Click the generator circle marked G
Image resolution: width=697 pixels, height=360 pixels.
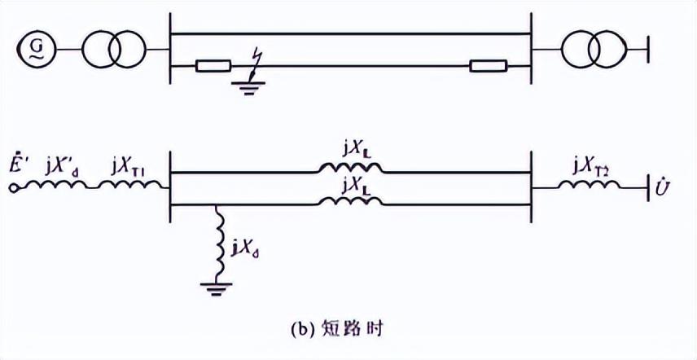pos(35,50)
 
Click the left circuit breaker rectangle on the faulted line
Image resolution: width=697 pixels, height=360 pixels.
pos(213,66)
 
